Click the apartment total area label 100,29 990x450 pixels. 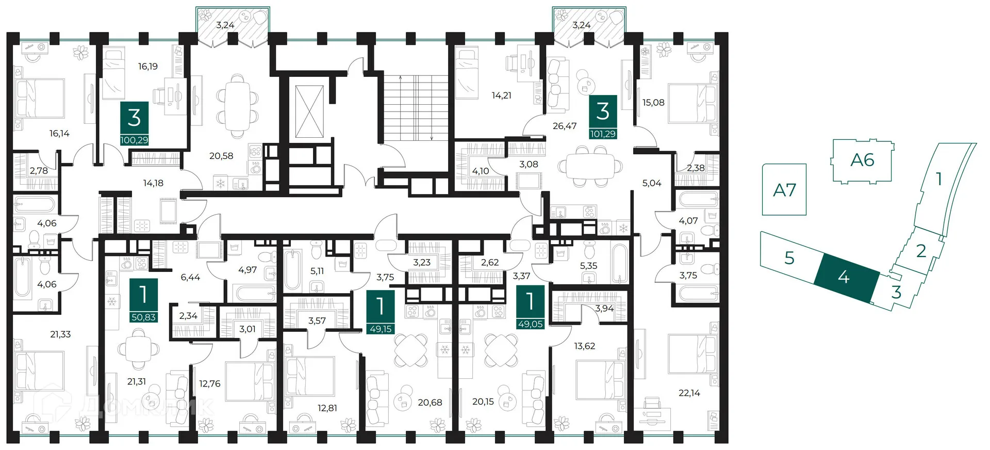coord(134,140)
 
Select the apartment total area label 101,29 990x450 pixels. coord(603,134)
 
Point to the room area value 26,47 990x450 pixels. coord(565,126)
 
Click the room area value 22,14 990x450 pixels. coord(689,393)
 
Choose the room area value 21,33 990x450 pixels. coord(60,334)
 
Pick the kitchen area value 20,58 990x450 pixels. coord(221,156)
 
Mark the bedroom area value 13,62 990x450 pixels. coord(584,346)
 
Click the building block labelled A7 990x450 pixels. coord(784,189)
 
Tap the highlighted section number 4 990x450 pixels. coord(844,277)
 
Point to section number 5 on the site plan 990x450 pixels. coord(789,258)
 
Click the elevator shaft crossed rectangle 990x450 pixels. coord(309,112)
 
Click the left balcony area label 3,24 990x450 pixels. coord(225,25)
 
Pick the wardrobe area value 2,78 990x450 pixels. coord(39,171)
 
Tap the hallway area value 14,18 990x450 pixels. coord(153,183)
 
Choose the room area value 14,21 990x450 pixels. coord(501,95)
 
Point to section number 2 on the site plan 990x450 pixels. coord(921,251)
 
